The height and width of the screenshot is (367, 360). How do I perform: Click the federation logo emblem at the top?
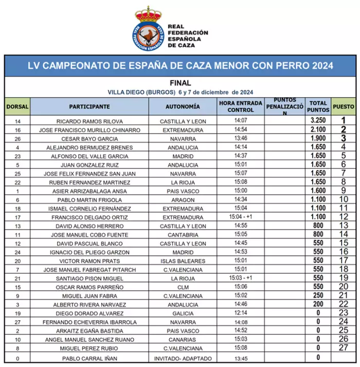click(x=149, y=28)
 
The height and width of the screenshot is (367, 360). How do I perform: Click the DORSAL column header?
click(x=17, y=107)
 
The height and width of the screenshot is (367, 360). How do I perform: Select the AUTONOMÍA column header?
click(x=183, y=107)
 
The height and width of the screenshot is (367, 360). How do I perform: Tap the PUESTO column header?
click(x=343, y=107)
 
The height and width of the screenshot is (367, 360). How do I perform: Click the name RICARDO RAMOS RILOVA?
click(x=90, y=121)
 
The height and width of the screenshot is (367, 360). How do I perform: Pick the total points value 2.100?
click(x=319, y=130)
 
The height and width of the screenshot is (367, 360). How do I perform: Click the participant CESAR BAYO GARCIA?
click(x=90, y=139)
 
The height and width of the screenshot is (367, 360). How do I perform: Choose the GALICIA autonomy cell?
click(x=184, y=313)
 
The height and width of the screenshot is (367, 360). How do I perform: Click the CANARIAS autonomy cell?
click(x=184, y=340)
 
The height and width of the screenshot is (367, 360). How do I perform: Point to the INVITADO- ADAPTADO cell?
click(x=184, y=357)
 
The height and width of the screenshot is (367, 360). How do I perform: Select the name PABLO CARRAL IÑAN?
click(x=90, y=357)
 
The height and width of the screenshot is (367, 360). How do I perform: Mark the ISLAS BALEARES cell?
click(x=184, y=261)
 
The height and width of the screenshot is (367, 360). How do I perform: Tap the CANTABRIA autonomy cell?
click(x=184, y=235)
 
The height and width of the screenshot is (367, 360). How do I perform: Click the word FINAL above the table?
click(x=180, y=83)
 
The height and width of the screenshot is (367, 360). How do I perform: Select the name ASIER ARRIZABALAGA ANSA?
click(x=90, y=191)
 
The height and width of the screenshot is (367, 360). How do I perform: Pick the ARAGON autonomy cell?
click(x=184, y=200)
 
